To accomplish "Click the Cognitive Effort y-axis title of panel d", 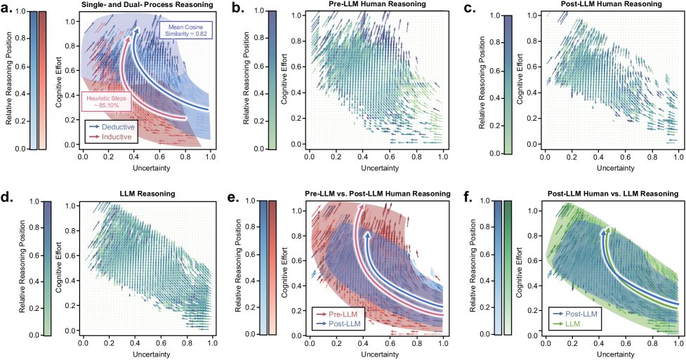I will click(x=58, y=266).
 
